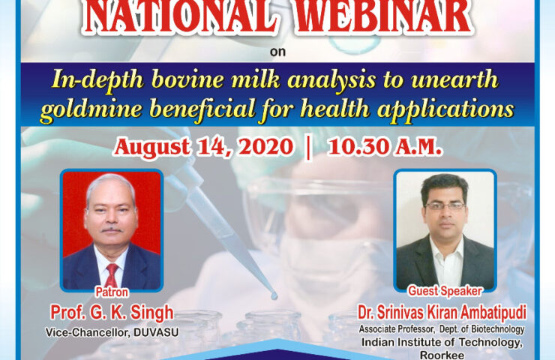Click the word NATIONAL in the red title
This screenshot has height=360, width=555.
181,17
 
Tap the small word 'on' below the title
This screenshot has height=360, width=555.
277,52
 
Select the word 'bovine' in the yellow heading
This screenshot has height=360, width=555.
187,79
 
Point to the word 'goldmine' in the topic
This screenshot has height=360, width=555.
91,109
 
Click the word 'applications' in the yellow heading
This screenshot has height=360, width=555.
445,109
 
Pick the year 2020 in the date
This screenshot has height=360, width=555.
265,147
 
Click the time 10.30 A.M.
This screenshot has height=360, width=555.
385,147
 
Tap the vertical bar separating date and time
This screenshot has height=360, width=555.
309,148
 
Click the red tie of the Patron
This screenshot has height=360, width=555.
112,275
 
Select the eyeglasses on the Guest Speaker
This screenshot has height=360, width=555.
445,205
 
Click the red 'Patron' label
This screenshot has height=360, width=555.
112,292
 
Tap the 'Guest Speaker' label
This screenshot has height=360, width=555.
445,291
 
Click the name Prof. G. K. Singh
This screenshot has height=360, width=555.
112,313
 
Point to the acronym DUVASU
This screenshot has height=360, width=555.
156,333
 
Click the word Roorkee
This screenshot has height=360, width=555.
442,355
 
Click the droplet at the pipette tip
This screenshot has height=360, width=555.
274,295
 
